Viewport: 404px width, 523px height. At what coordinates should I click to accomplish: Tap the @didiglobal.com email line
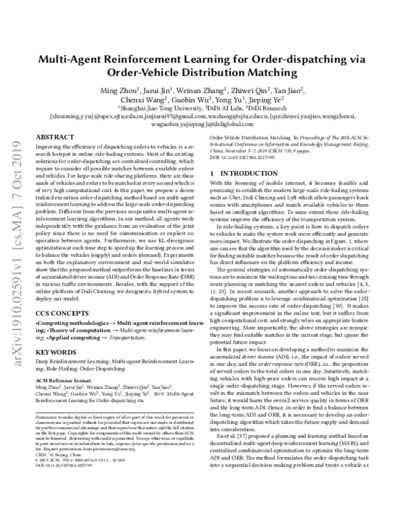[201, 124]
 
